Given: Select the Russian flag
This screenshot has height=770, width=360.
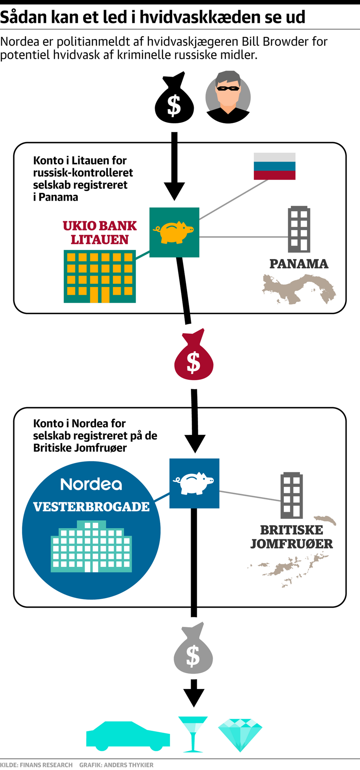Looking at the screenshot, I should click(x=274, y=166).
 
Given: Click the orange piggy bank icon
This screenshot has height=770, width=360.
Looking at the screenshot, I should click(x=174, y=232).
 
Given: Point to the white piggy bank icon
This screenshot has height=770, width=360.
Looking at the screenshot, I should click(x=194, y=483).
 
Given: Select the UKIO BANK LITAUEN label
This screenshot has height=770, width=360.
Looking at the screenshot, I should click(x=100, y=232).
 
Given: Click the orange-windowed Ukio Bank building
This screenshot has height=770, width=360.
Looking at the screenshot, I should click(x=100, y=276).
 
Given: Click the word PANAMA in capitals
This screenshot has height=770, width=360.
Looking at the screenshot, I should click(x=299, y=264).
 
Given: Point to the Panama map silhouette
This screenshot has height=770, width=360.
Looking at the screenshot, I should click(x=299, y=288).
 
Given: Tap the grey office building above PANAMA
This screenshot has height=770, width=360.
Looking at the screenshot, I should click(x=299, y=229).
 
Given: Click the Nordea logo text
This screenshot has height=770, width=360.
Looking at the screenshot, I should click(x=91, y=484).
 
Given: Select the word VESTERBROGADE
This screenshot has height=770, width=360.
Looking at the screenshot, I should click(x=91, y=507).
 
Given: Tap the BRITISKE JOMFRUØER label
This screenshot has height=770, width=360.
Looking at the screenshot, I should click(x=291, y=537).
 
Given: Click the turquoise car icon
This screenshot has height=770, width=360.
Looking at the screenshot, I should click(x=128, y=736).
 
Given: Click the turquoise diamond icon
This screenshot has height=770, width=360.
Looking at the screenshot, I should click(x=240, y=734).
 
